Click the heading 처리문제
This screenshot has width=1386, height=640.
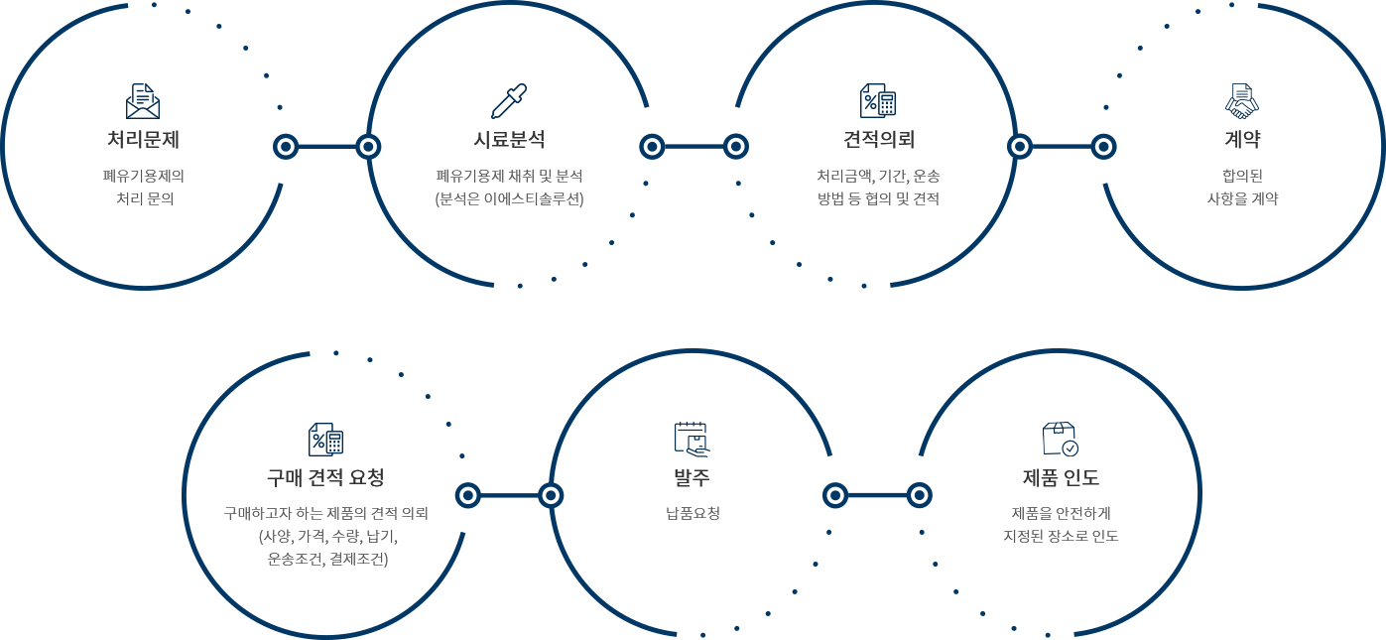pos(143,139)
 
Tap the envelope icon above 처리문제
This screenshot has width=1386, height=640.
pos(143,100)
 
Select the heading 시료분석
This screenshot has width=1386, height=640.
pos(509,139)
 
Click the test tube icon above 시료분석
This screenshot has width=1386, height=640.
pos(509,100)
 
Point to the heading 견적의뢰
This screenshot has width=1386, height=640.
pos(878,139)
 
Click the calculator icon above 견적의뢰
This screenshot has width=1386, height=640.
pos(878,100)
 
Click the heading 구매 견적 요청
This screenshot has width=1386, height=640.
pos(325,478)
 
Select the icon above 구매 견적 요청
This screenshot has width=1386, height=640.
pos(325,439)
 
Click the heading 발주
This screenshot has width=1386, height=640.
pos(692,478)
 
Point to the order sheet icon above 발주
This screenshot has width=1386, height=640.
pos(692,439)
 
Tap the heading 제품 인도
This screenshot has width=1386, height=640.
pos(1061,478)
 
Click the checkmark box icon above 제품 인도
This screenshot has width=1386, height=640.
pos(1061,439)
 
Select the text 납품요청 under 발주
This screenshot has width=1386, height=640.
pos(692,514)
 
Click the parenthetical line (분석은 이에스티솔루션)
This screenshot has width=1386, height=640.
pos(509,198)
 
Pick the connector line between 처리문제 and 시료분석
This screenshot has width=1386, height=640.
pos(326,147)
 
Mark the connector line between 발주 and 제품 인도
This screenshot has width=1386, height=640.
pos(877,494)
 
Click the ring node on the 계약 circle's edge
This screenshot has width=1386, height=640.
pos(1102,147)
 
